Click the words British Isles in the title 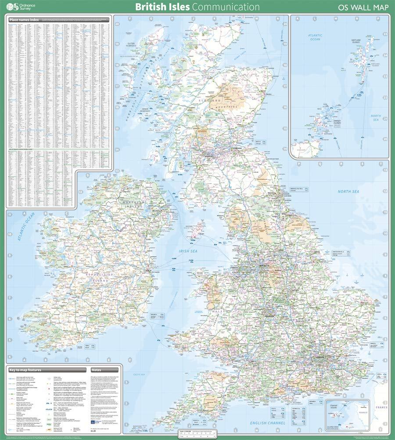[x=162, y=7]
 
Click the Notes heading [x=96, y=370]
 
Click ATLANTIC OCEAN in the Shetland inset [x=315, y=37]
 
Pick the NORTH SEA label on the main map [x=348, y=191]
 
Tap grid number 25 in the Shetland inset [x=385, y=34]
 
